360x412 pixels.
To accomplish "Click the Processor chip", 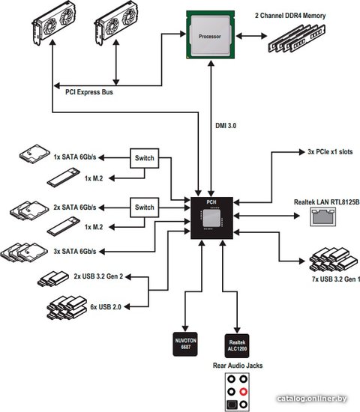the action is (x=210, y=34).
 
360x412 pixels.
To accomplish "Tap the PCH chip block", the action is (x=211, y=218).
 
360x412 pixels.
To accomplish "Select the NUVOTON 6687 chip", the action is (x=185, y=344).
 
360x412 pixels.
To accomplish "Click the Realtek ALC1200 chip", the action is (x=237, y=346).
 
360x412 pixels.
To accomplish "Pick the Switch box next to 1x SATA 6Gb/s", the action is (x=145, y=158).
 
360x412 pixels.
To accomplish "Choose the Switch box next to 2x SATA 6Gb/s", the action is (x=145, y=207).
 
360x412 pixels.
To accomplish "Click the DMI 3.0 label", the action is (x=226, y=126).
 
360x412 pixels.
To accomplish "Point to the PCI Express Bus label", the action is (x=89, y=92).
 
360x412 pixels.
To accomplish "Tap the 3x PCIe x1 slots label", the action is (x=330, y=152).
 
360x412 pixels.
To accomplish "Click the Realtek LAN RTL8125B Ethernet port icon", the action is (x=323, y=216).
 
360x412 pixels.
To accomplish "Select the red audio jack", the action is (x=244, y=392).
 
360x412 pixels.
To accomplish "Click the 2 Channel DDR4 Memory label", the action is (x=290, y=16).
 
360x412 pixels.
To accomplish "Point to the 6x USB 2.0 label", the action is (x=106, y=306).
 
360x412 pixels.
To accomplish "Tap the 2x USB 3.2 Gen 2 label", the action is (x=98, y=276).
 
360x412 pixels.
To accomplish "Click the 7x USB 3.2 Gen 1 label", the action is (x=335, y=279).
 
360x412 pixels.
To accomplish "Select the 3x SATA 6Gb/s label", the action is (x=75, y=252).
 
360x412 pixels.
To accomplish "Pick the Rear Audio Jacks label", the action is (x=238, y=366).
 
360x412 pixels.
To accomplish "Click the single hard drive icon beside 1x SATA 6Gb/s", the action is (x=34, y=154).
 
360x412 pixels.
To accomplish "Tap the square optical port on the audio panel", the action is (x=232, y=405).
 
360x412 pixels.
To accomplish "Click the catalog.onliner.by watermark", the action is (x=312, y=399).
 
